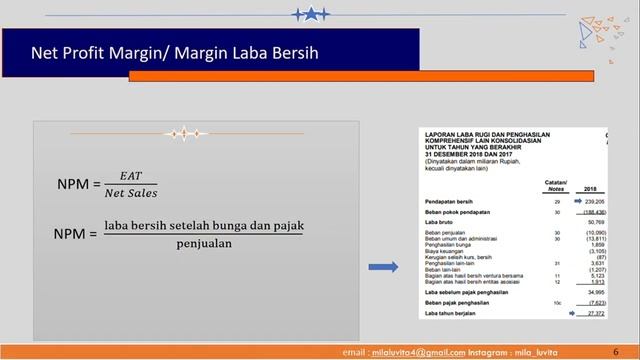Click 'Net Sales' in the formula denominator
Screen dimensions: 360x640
131,193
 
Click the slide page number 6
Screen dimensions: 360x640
615,351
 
